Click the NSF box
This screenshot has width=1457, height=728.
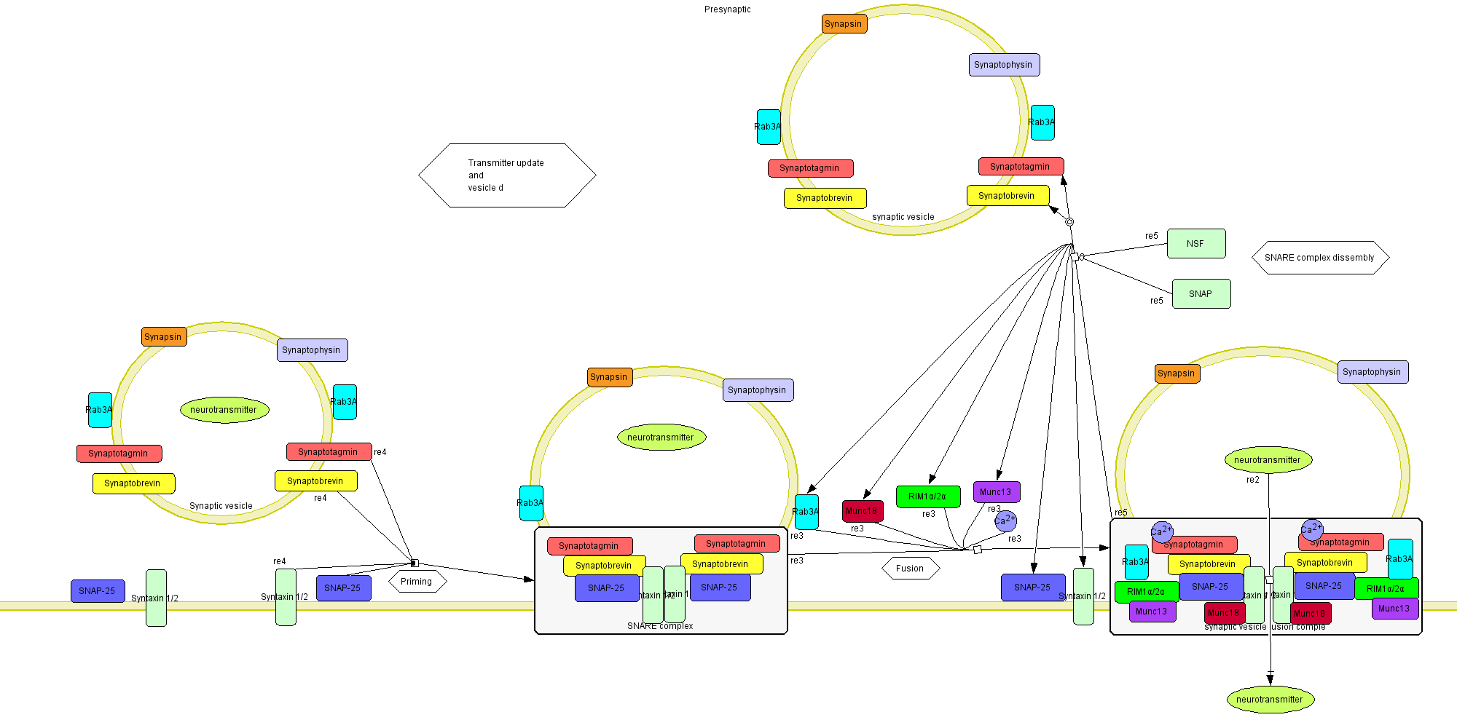pyautogui.click(x=1196, y=244)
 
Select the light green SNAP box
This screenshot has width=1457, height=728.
pyautogui.click(x=1201, y=294)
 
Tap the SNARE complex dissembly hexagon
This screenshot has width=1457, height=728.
pyautogui.click(x=1319, y=258)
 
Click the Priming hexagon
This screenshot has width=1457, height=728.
pyautogui.click(x=417, y=582)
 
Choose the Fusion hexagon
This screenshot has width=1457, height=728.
pyautogui.click(x=910, y=569)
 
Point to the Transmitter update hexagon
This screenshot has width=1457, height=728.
pyautogui.click(x=507, y=175)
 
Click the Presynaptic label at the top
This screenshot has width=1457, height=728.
pyautogui.click(x=727, y=9)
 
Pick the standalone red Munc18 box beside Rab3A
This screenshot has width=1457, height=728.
pyautogui.click(x=862, y=511)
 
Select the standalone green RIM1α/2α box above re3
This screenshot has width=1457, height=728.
pyautogui.click(x=927, y=496)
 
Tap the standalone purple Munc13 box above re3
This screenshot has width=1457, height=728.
pyautogui.click(x=996, y=492)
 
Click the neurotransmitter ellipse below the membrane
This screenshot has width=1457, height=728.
pyautogui.click(x=1270, y=700)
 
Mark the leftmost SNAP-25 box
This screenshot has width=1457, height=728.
pyautogui.click(x=98, y=591)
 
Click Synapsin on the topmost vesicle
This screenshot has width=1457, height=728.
pyautogui.click(x=844, y=24)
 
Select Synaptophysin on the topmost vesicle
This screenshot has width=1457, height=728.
pyautogui.click(x=1004, y=65)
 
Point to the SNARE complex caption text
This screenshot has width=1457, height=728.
pyautogui.click(x=660, y=626)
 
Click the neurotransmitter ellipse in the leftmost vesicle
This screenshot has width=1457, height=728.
pyautogui.click(x=224, y=410)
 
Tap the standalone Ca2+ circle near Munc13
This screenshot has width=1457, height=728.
pyautogui.click(x=1005, y=521)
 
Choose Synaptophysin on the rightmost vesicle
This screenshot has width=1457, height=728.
pyautogui.click(x=1372, y=372)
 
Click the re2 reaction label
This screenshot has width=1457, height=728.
pyautogui.click(x=1253, y=480)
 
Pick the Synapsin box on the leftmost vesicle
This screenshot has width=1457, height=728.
pyautogui.click(x=164, y=337)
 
